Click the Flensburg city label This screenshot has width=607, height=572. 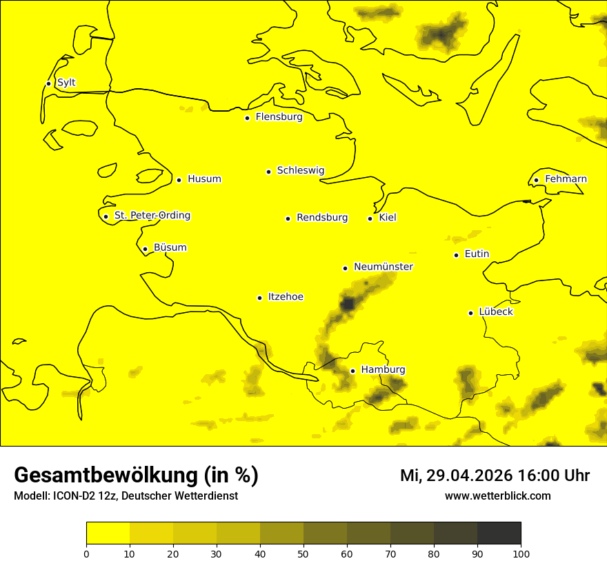coord(279,117)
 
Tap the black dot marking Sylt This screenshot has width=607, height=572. coord(48,83)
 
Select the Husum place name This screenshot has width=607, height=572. coord(204,179)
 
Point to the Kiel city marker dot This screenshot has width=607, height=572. coord(370,218)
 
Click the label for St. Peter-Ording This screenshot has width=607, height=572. coord(152,216)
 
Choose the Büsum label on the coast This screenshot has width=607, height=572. coord(170,248)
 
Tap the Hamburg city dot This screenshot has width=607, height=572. coord(352,371)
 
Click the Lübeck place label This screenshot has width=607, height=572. coord(496,312)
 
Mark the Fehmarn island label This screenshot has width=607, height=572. coord(566,179)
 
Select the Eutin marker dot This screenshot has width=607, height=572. coord(457,255)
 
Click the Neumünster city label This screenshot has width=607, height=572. coord(384,267)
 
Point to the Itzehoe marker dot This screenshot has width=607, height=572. coord(259,298)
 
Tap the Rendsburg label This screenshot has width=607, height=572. coord(322,218)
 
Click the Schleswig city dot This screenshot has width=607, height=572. coord(268,172)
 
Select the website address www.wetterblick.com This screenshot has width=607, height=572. coord(497,496)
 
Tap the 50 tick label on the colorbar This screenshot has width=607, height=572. coord(303,553)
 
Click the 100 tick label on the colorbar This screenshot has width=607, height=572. coord(521,553)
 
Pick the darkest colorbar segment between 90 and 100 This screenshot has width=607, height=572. coord(499,533)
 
